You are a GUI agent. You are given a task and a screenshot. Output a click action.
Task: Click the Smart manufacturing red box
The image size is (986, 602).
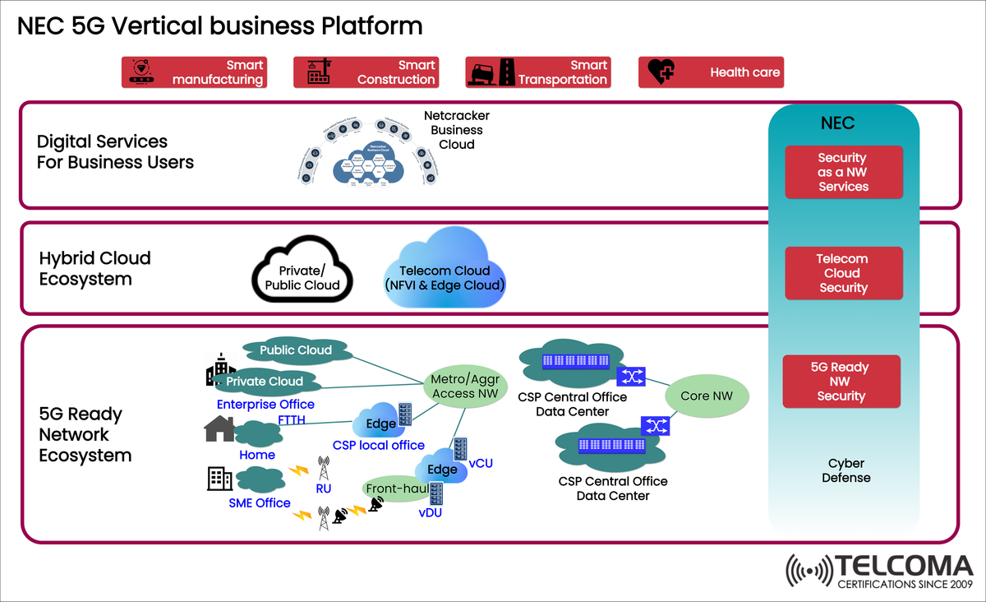(x=195, y=72)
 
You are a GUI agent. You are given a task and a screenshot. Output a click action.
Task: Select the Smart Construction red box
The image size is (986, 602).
(x=366, y=72)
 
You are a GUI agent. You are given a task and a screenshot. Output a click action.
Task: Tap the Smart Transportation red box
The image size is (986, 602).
(x=538, y=72)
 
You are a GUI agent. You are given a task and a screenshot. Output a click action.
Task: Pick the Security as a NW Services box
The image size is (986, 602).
(x=843, y=172)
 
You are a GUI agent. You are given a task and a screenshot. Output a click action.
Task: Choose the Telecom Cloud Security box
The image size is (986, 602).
(x=843, y=273)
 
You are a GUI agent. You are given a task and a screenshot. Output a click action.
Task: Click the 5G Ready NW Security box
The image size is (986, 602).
(x=841, y=382)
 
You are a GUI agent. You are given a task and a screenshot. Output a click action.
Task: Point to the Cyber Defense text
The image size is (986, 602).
(x=845, y=470)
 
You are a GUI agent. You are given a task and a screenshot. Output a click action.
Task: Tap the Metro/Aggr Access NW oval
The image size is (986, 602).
(x=464, y=387)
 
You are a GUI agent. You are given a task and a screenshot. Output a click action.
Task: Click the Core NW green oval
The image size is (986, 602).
(x=707, y=396)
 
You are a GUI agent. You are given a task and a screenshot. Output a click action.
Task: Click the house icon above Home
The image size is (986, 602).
(x=219, y=428)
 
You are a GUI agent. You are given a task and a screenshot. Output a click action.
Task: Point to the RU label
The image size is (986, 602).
(x=323, y=488)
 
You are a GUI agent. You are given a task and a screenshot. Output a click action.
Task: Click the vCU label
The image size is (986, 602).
(x=481, y=463)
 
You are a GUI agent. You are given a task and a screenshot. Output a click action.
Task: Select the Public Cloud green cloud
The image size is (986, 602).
(x=296, y=351)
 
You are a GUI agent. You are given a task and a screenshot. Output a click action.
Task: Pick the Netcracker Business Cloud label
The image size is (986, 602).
(x=456, y=130)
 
